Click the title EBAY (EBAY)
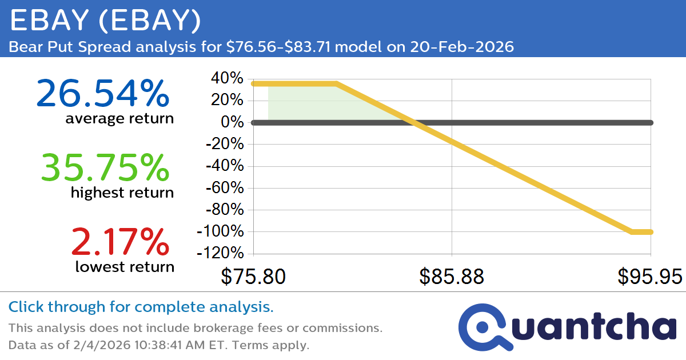click(106, 21)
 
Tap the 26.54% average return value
click(103, 93)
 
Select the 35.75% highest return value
click(105, 167)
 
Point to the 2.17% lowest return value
click(121, 241)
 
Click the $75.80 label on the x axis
click(254, 277)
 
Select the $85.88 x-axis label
click(452, 277)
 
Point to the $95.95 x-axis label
click(649, 277)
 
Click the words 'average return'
click(119, 119)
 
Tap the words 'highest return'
click(122, 193)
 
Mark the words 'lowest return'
click(125, 266)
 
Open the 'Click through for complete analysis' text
click(141, 307)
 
